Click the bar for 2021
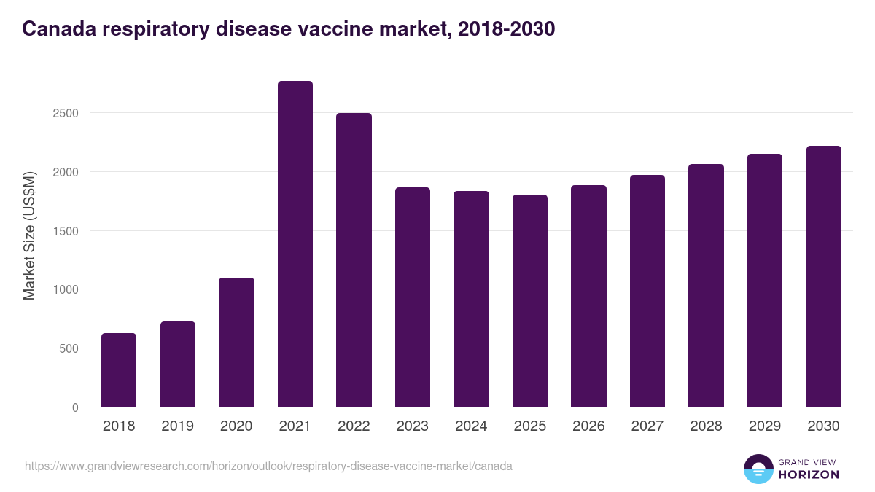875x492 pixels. click(x=295, y=244)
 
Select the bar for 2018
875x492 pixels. click(x=119, y=370)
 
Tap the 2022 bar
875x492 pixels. click(x=354, y=260)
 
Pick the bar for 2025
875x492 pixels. click(x=530, y=301)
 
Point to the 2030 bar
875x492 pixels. click(x=824, y=276)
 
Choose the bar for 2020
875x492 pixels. click(x=236, y=343)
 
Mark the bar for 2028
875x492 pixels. click(x=707, y=286)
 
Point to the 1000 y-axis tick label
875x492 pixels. click(x=66, y=289)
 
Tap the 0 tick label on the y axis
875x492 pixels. click(x=75, y=407)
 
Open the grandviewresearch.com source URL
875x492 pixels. click(x=268, y=466)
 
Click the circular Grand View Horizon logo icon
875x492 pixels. click(x=758, y=469)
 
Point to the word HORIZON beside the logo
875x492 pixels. click(x=808, y=475)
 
